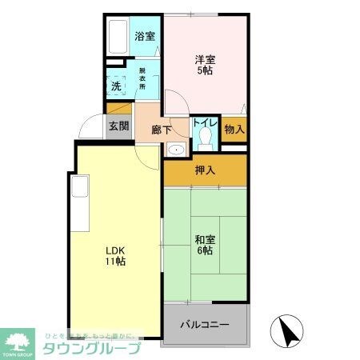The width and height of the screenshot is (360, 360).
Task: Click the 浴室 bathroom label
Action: (145, 35)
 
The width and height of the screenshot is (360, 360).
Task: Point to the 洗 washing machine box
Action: (117, 86)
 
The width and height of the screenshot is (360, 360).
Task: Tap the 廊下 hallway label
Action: (150, 128)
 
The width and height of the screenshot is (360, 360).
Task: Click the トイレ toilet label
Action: (202, 124)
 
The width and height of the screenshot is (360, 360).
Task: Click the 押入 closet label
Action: (205, 170)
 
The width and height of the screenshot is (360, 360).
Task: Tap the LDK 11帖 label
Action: (115, 255)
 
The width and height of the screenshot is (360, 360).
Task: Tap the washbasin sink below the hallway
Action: (175, 149)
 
